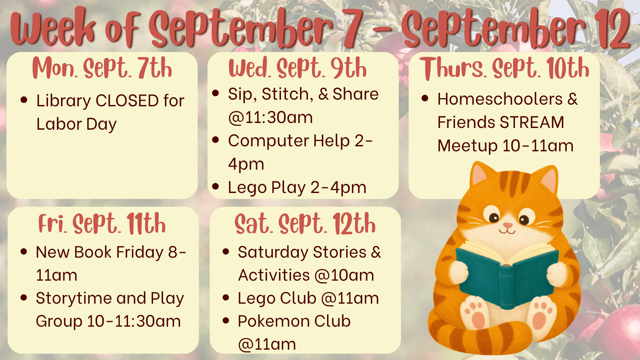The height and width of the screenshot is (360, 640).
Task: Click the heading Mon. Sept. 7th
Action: (x=102, y=68)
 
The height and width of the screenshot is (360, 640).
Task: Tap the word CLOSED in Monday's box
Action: (x=127, y=101)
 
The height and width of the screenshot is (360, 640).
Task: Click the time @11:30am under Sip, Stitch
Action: (x=270, y=118)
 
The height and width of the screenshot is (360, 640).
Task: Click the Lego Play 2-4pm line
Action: (x=297, y=188)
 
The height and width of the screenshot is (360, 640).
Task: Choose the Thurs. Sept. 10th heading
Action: (x=504, y=68)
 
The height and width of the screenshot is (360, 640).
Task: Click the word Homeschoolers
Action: (x=500, y=99)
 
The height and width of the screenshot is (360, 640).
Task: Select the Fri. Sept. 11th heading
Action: (x=102, y=223)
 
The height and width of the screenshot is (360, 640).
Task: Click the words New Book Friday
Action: (x=100, y=252)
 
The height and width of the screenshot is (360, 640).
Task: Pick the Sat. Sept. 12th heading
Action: (x=305, y=223)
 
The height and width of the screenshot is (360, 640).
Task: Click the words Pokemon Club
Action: (x=294, y=321)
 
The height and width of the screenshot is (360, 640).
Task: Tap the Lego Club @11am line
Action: (x=308, y=298)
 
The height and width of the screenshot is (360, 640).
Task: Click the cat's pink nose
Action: (x=508, y=226)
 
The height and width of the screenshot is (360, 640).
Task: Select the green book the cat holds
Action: (x=507, y=273)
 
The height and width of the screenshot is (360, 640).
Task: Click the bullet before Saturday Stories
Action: (x=226, y=252)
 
